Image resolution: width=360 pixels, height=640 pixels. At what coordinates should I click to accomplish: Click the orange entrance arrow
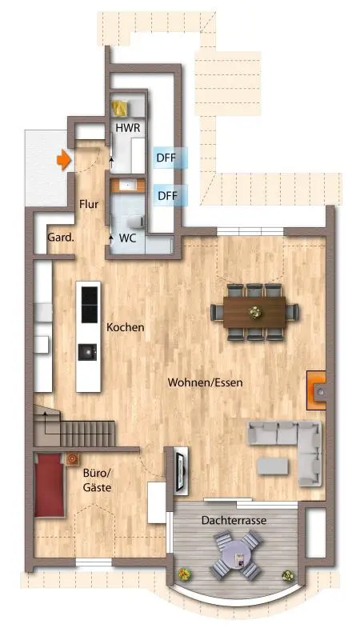tap(63, 160)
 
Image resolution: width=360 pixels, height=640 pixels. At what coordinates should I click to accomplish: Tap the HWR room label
tap(128, 128)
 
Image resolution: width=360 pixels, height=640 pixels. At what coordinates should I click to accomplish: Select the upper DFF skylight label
tap(166, 158)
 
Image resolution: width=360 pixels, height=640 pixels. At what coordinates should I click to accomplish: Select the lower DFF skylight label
tap(168, 196)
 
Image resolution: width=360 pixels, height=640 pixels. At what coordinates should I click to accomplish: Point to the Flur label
tap(89, 204)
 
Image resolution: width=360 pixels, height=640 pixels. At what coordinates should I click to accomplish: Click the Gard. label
tap(62, 237)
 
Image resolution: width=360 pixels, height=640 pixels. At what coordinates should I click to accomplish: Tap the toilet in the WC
tap(135, 222)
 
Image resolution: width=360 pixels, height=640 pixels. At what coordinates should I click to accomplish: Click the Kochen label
tap(126, 327)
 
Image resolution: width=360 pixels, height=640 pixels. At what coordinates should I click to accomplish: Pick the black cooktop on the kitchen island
tap(90, 305)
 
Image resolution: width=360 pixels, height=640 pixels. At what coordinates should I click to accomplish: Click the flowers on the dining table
tap(255, 313)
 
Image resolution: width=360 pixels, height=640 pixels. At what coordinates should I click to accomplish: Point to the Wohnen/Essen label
tap(206, 383)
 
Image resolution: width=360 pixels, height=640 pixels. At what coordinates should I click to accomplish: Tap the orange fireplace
tap(316, 390)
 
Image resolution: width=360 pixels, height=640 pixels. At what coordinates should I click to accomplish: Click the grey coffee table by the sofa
tap(273, 466)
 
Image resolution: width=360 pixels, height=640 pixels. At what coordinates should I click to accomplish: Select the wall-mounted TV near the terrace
tap(180, 470)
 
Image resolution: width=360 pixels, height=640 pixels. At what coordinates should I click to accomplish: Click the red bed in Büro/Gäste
tap(49, 486)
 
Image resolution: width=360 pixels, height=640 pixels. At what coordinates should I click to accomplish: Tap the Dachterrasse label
tap(234, 521)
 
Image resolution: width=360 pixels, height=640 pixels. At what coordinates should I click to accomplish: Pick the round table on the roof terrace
tap(236, 553)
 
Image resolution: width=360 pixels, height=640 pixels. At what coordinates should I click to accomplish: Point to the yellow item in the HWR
tap(120, 109)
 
